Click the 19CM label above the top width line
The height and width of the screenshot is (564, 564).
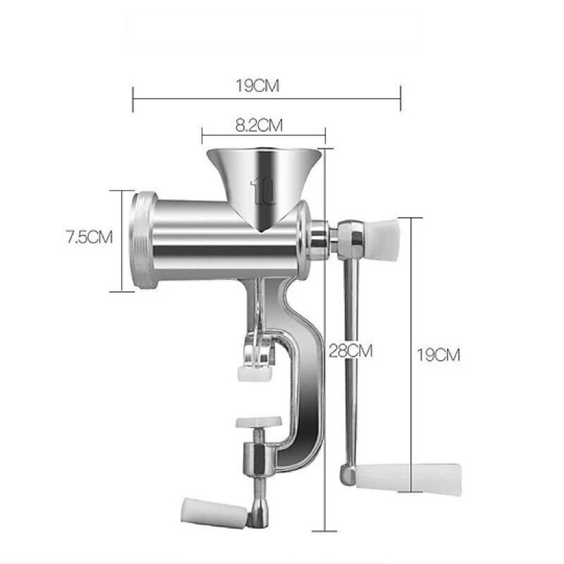tap(257, 86)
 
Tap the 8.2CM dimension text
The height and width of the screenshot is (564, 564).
tap(259, 125)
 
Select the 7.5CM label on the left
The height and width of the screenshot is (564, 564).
tap(90, 237)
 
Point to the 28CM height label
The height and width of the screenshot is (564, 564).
tap(350, 350)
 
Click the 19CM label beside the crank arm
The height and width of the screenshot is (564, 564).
tap(439, 355)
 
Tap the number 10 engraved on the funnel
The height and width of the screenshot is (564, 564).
tap(263, 190)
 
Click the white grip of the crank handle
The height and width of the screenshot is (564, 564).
tap(408, 479)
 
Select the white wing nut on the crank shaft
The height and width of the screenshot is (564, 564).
tap(382, 238)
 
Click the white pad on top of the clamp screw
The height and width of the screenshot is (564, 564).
tap(259, 422)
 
